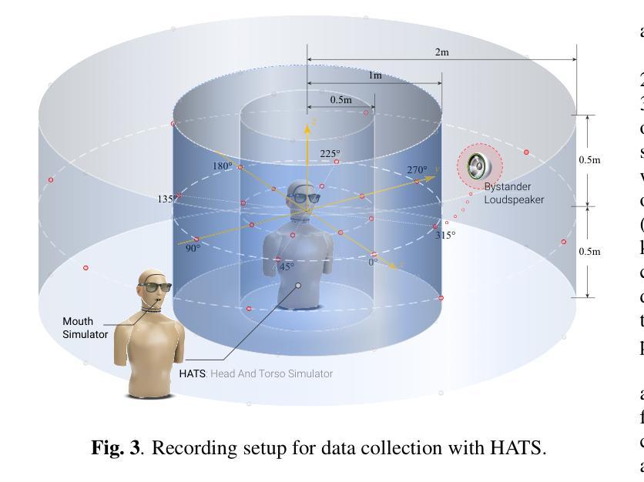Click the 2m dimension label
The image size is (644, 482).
tap(441, 52)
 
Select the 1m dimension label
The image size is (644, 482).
tap(374, 75)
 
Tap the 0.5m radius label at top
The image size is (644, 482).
tap(341, 100)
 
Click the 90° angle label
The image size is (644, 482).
tap(193, 248)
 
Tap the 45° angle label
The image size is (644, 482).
tap(286, 266)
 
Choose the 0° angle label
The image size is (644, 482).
tap(373, 263)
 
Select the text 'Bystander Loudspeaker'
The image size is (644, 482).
tap(514, 193)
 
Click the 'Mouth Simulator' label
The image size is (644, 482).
tap(86, 328)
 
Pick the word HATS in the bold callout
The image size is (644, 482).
tap(193, 373)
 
